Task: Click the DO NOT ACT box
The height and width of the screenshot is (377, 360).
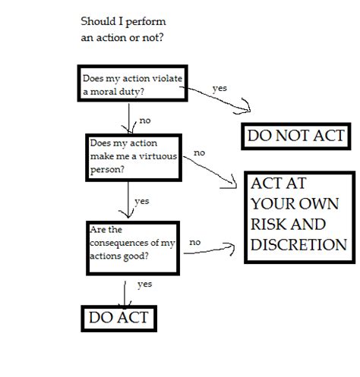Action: [x=295, y=137]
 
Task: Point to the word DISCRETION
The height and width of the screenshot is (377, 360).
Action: [x=298, y=244]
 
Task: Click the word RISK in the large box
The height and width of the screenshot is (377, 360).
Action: [x=274, y=225]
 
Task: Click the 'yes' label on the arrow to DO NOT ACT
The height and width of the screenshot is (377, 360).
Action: [x=219, y=88]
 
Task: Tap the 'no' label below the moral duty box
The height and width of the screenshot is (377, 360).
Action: [x=144, y=121]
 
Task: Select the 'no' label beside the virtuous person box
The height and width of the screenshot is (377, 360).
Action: [x=199, y=152]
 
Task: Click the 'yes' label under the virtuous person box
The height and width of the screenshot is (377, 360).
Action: [x=141, y=201]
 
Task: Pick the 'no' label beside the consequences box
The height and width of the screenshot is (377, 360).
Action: [x=195, y=242]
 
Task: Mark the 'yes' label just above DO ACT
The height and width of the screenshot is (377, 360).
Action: [x=144, y=284]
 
